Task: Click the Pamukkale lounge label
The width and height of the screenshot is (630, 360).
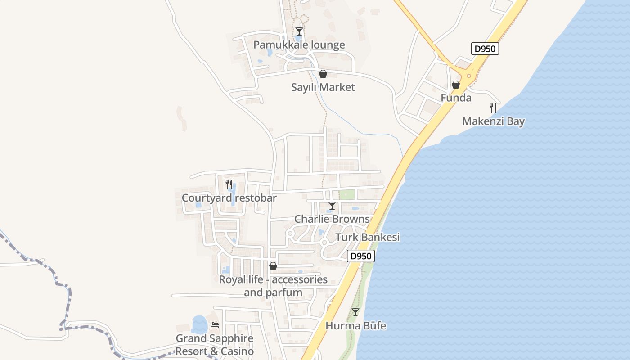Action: pos(299,45)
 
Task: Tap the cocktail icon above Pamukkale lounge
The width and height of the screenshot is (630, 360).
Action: pos(299,31)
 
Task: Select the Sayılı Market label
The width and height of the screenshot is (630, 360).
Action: pos(323,87)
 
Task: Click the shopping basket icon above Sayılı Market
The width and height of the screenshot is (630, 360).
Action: pos(323,74)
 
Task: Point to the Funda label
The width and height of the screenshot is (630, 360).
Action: pos(456,98)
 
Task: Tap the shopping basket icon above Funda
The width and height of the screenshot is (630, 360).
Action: pos(456,85)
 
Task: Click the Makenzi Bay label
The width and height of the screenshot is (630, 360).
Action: pos(494,121)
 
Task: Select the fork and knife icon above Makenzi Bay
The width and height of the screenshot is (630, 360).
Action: pos(494,108)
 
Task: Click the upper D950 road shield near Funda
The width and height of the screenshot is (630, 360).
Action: pos(485,49)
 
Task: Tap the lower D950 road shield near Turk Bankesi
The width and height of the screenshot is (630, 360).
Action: pos(361,256)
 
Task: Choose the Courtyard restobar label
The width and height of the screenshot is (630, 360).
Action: pos(229,198)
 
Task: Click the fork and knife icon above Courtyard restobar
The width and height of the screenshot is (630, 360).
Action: pos(229,184)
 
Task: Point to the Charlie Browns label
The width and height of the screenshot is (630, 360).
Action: pos(332,219)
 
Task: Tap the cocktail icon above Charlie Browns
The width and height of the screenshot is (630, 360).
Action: pos(332,206)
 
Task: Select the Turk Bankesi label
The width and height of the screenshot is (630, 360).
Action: pos(368,237)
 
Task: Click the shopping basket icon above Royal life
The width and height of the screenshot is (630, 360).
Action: pos(273,266)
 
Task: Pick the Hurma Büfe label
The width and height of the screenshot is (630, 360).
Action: pos(355,325)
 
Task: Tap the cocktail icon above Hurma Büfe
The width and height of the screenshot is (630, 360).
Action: pos(355,312)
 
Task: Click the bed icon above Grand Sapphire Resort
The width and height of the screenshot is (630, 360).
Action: pos(215,324)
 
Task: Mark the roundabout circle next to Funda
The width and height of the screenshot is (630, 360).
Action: pos(469,76)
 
